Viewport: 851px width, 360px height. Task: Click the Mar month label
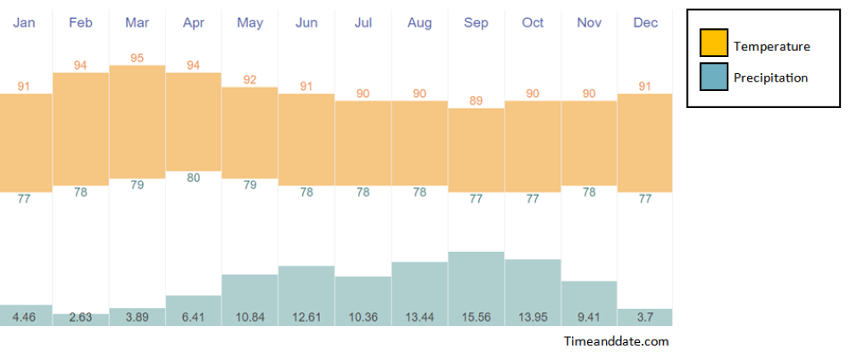point(137,23)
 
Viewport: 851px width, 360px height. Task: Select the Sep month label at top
point(476,23)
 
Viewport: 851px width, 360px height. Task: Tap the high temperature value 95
point(137,58)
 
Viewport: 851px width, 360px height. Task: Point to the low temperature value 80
point(193,178)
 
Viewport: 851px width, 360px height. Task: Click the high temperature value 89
point(476,100)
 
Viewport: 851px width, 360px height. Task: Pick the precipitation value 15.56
point(476,317)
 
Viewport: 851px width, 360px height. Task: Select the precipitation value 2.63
point(80,317)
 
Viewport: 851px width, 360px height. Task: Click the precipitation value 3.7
point(645,317)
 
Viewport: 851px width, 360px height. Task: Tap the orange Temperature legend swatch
point(713,43)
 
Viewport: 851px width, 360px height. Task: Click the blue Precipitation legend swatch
point(713,77)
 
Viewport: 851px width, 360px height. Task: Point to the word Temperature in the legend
point(772,46)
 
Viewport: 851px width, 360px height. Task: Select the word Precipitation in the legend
point(770,77)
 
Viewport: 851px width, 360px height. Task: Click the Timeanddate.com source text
point(616,341)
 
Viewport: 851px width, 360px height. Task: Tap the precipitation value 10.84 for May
point(249,317)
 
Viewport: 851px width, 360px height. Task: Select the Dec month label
point(645,23)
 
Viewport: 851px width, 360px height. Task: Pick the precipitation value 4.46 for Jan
point(24,317)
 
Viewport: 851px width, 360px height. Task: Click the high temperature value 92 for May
point(249,79)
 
